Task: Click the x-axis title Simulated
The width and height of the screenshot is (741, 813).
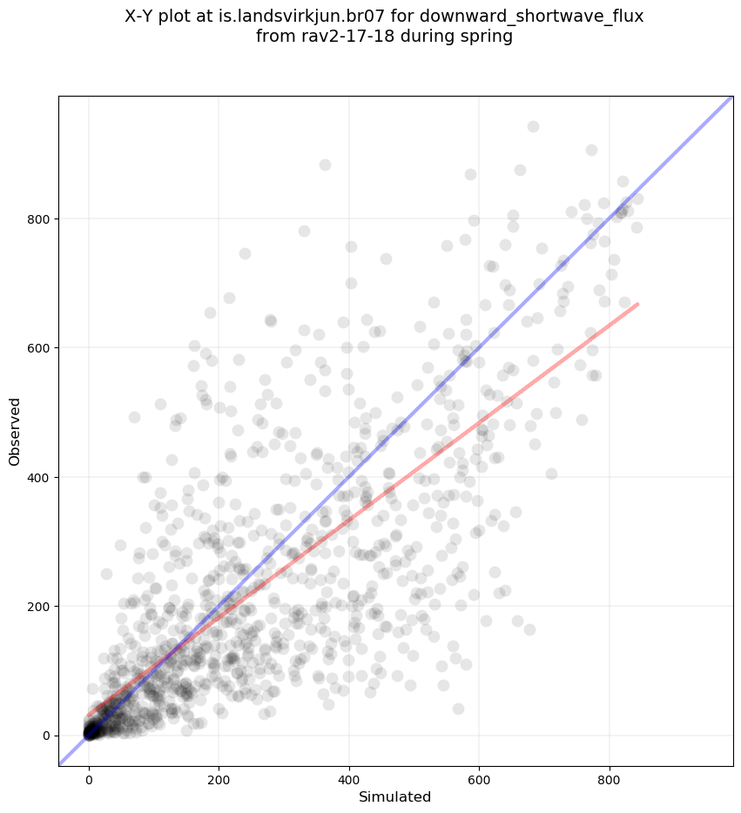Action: [395, 796]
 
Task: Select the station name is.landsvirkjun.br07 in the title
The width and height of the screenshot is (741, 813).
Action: [327, 17]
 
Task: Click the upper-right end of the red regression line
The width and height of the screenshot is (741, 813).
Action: [638, 304]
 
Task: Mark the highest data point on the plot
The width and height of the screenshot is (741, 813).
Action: [533, 126]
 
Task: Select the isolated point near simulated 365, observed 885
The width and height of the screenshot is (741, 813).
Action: [325, 165]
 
